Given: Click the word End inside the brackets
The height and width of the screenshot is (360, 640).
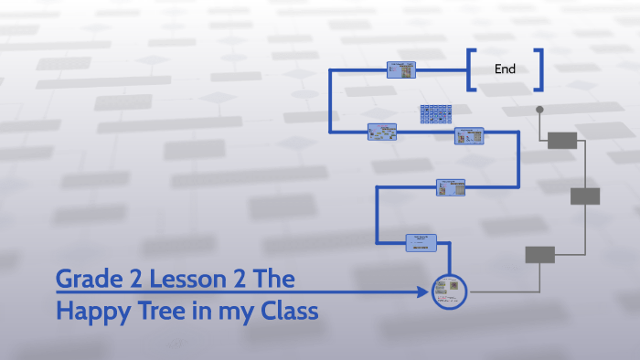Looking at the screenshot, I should [x=505, y=69].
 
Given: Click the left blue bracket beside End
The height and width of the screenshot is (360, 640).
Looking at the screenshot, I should [x=471, y=69].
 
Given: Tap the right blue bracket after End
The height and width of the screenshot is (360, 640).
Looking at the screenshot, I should [x=539, y=69].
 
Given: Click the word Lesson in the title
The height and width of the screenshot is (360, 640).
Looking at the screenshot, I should [x=197, y=280].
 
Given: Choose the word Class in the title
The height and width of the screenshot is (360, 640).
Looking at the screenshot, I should [x=282, y=311].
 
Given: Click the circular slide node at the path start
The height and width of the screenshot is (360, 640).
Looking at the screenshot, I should [x=449, y=291].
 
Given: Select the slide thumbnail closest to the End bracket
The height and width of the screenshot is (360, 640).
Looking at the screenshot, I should [x=401, y=69].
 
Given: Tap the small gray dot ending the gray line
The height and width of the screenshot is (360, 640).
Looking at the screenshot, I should [x=539, y=110].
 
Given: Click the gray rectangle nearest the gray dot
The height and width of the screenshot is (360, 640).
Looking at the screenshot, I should [x=561, y=140].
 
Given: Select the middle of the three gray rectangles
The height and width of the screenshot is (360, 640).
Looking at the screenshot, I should [x=584, y=196].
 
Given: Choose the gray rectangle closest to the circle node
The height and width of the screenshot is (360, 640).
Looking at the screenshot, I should [x=539, y=254].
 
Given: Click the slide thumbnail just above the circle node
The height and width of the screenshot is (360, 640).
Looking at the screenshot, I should [x=421, y=242].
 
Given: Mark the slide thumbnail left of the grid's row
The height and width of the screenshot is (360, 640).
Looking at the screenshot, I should [x=381, y=132].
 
